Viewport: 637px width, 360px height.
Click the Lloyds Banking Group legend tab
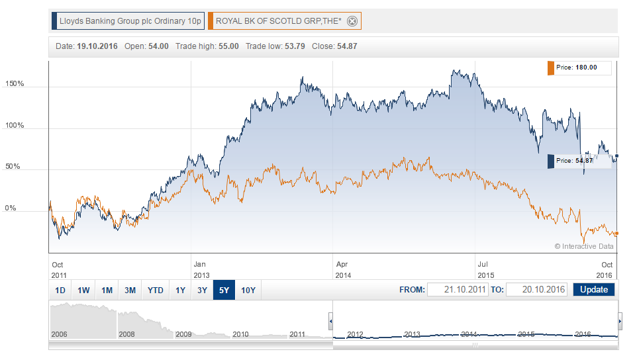point(130,21)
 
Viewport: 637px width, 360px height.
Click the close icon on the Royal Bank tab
point(352,21)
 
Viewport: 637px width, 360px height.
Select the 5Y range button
point(223,290)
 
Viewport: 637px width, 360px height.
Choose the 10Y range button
point(248,290)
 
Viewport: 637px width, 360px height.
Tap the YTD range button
point(156,290)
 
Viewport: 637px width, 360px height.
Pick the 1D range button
point(60,290)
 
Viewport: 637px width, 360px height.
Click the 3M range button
point(130,290)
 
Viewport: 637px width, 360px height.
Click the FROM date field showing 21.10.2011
point(458,290)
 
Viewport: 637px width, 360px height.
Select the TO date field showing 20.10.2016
point(536,290)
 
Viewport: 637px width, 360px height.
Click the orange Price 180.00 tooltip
point(576,67)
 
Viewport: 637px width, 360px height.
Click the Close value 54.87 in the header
point(348,46)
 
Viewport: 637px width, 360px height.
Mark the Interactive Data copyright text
point(584,246)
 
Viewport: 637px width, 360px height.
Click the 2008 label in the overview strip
point(126,334)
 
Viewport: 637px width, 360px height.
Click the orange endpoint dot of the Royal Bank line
point(616,233)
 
